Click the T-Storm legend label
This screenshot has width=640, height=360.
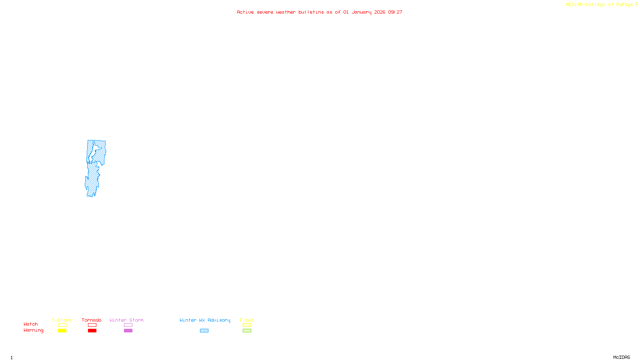[62, 320]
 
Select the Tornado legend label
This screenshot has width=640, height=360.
[92, 320]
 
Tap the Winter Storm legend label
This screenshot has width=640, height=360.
[126, 320]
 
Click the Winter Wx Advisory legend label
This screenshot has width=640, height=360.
[205, 320]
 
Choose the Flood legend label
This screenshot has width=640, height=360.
[247, 320]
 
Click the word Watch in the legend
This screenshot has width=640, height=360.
[31, 324]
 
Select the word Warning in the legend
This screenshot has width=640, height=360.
[34, 330]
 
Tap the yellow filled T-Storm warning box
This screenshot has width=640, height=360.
[62, 331]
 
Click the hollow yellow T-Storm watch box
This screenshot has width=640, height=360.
[62, 325]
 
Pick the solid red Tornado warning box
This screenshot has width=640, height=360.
[92, 331]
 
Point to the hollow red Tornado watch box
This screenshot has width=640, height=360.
[92, 325]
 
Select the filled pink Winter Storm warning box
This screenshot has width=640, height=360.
[128, 331]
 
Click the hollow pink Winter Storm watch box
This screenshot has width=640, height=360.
[128, 325]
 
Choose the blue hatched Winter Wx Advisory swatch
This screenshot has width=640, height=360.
[204, 331]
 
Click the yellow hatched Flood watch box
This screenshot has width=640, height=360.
[247, 325]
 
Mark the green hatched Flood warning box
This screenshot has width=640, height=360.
[247, 331]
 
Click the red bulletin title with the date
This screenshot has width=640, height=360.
[320, 12]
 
